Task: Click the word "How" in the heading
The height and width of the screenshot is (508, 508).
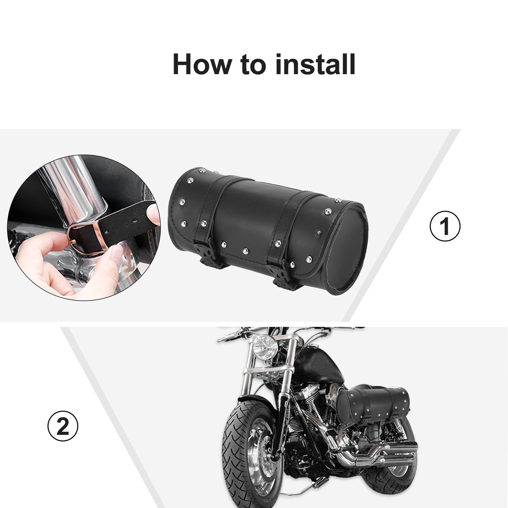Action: coord(202,64)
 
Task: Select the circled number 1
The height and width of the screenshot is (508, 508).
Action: coord(445,226)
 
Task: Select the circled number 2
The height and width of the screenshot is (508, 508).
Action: coord(63,426)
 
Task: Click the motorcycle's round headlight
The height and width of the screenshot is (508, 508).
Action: coord(265,348)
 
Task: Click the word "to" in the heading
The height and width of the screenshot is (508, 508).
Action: coord(253,65)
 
